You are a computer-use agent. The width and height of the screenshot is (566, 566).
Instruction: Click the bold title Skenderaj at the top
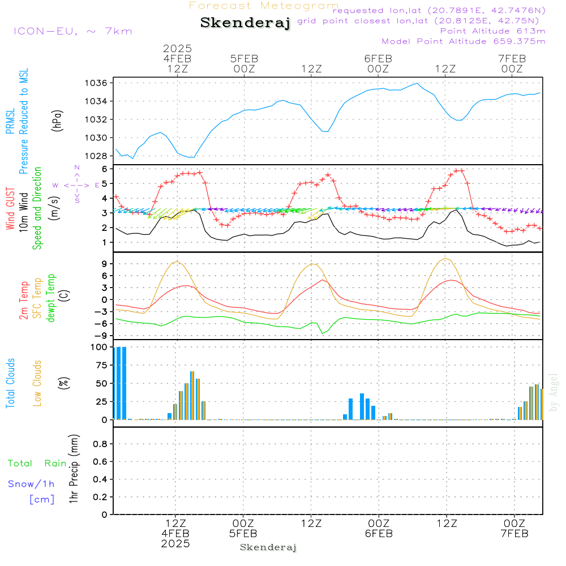(x=245, y=23)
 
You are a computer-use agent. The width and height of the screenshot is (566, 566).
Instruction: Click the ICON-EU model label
(x=72, y=31)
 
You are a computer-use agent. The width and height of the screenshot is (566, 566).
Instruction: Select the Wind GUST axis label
(x=10, y=209)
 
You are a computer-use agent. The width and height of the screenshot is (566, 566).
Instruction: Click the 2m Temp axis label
(x=24, y=301)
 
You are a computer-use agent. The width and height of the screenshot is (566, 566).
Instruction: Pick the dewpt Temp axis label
(x=51, y=298)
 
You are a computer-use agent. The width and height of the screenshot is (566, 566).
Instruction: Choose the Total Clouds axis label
(x=10, y=383)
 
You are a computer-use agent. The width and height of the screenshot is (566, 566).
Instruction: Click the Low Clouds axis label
(x=37, y=383)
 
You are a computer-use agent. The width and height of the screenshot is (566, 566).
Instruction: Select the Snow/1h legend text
(x=31, y=484)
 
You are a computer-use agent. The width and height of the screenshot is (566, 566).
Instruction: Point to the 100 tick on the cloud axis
(x=100, y=348)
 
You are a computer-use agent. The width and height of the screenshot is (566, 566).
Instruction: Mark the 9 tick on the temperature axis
(x=104, y=263)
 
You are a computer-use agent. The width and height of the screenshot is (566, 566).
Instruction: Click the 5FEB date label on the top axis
(x=244, y=58)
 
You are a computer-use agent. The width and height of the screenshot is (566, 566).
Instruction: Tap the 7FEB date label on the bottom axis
(x=514, y=534)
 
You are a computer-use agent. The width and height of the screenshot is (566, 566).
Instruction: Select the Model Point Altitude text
(x=463, y=41)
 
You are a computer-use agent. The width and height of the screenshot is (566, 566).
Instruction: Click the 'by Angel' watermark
(x=554, y=392)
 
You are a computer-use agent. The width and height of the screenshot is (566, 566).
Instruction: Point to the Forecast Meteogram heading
(x=264, y=6)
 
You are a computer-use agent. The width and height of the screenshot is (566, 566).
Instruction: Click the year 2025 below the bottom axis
(x=175, y=544)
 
